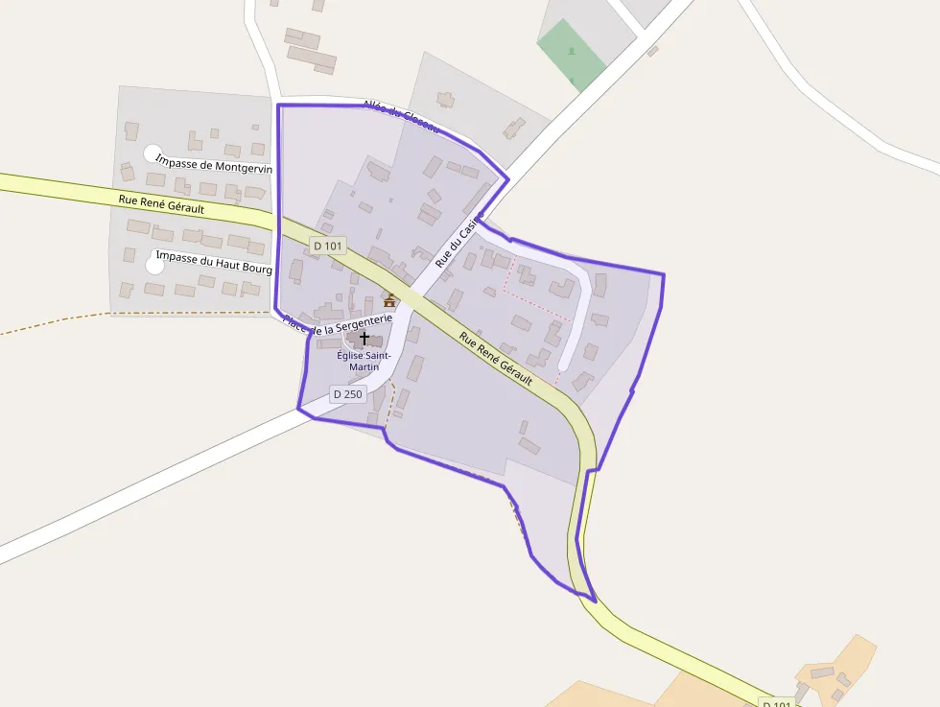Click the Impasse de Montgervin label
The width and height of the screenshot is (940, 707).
pos(214,166)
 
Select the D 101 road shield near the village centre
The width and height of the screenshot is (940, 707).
pos(328,246)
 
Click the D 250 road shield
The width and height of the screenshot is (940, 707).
pos(347,393)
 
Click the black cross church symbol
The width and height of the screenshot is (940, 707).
pos(364,339)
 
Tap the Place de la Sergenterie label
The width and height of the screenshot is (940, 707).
pos(339,324)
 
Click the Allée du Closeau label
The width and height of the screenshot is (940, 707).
pos(401,116)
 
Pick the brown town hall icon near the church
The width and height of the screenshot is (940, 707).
pos(389,301)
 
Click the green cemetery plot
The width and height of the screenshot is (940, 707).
pos(572,54)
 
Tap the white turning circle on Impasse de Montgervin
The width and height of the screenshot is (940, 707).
pos(153,153)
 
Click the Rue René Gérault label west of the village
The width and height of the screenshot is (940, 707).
pos(160,204)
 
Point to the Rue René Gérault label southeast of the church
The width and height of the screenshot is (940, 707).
pos(495,359)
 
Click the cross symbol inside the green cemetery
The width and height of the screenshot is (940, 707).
pos(572,50)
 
